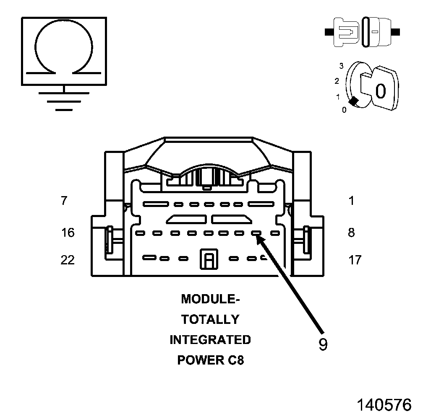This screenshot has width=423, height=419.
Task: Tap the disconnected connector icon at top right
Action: coord(362,31)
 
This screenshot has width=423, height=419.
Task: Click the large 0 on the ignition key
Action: coord(380,91)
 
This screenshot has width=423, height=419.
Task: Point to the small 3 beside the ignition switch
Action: coord(342,66)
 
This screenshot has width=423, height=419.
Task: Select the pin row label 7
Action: coord(63,201)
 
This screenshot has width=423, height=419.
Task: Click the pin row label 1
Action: coord(351,201)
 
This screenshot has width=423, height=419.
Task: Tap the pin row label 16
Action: coord(68,232)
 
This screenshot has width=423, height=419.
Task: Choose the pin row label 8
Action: coord(351,232)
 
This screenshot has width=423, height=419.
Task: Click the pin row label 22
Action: coord(68,260)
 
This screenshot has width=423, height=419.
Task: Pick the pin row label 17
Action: coord(355,260)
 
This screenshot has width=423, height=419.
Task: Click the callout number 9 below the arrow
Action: coord(323,344)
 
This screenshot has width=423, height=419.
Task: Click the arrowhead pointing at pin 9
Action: coord(260,239)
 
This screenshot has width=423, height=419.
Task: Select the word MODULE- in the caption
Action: coord(210,299)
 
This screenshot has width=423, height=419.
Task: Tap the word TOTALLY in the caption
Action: coord(210,319)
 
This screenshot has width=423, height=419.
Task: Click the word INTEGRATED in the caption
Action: coord(210,339)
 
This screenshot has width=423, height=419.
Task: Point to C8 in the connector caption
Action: coord(235,360)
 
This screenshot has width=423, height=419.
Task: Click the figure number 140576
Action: coord(384,405)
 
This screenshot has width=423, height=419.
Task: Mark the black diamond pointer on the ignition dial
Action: coord(354,101)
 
